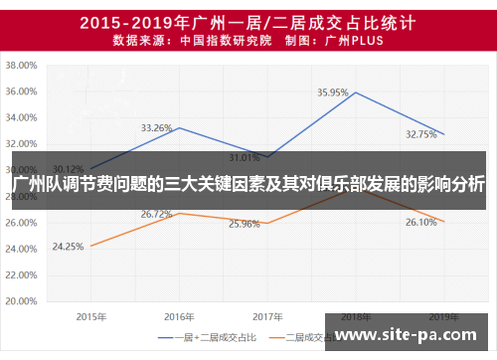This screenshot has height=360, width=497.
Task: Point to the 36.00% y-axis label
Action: (x=22, y=91)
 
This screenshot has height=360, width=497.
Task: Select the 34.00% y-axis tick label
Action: (x=22, y=117)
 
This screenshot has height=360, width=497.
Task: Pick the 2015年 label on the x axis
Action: (x=90, y=316)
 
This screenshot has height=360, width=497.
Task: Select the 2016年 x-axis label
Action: (x=178, y=316)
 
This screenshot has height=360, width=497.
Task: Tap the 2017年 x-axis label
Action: (x=266, y=316)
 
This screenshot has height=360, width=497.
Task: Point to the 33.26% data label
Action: (x=157, y=127)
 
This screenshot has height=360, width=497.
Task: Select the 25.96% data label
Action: (x=245, y=224)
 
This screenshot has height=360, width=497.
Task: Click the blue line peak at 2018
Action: (x=355, y=92)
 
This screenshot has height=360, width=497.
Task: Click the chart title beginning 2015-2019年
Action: (x=248, y=20)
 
